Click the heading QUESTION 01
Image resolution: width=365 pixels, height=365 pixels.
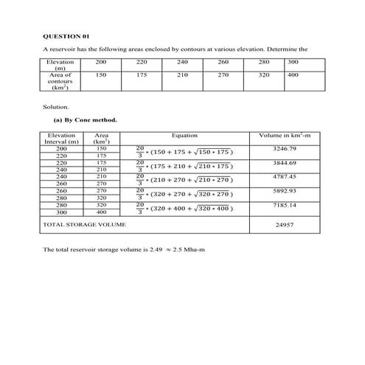[66, 35]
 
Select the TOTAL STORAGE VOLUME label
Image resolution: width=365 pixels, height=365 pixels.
[85, 223]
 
